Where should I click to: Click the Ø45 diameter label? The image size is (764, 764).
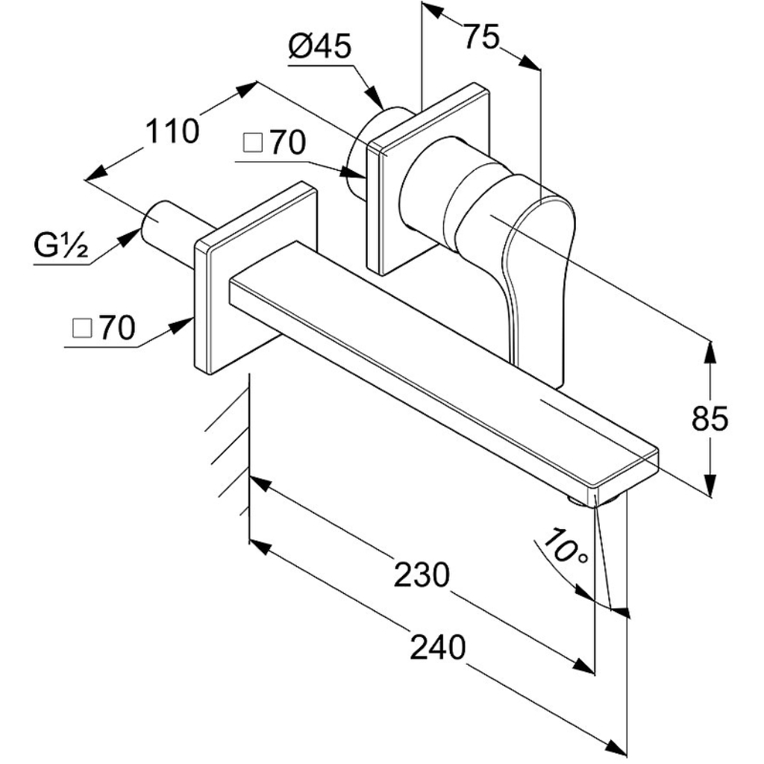319,47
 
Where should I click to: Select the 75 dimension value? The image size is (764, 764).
481,37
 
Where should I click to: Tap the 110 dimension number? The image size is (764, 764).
172,131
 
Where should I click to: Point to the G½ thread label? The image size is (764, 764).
61,246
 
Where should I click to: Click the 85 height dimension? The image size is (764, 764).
710,418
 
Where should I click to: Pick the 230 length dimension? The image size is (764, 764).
422,575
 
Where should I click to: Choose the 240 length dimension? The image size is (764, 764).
437,648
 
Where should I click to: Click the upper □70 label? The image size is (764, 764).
275,143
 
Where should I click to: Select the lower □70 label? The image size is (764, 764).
103,328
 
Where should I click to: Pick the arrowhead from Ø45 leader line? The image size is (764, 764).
375,98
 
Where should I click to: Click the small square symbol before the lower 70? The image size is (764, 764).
81,328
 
